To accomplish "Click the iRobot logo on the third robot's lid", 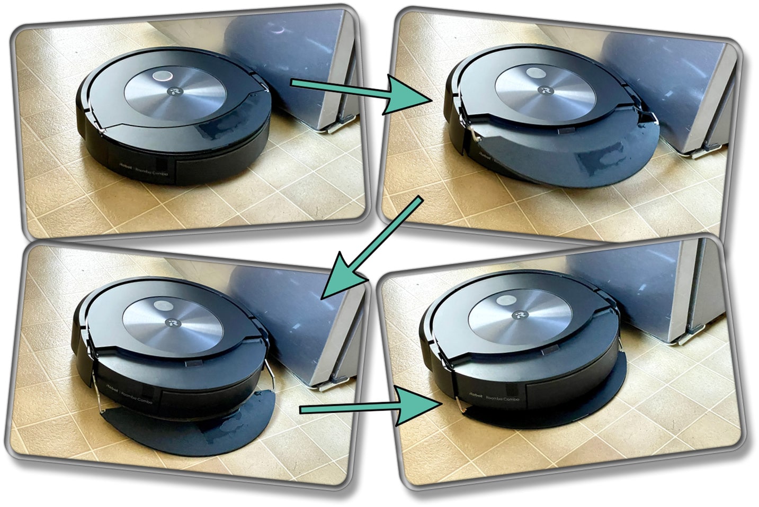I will pyautogui.click(x=172, y=322).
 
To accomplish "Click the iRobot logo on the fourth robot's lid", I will pyautogui.click(x=516, y=315).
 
